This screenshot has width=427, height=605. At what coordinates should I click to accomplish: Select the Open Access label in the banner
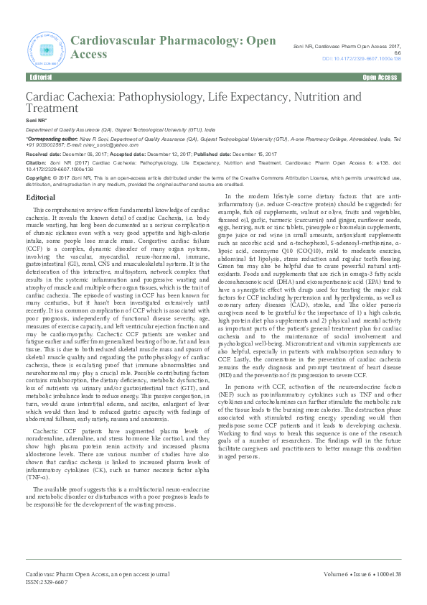[380, 77]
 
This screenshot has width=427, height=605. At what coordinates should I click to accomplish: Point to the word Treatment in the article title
[52, 108]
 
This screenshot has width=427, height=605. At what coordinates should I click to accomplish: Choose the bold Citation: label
[37, 163]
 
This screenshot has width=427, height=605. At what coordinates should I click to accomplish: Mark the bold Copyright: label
[40, 176]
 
